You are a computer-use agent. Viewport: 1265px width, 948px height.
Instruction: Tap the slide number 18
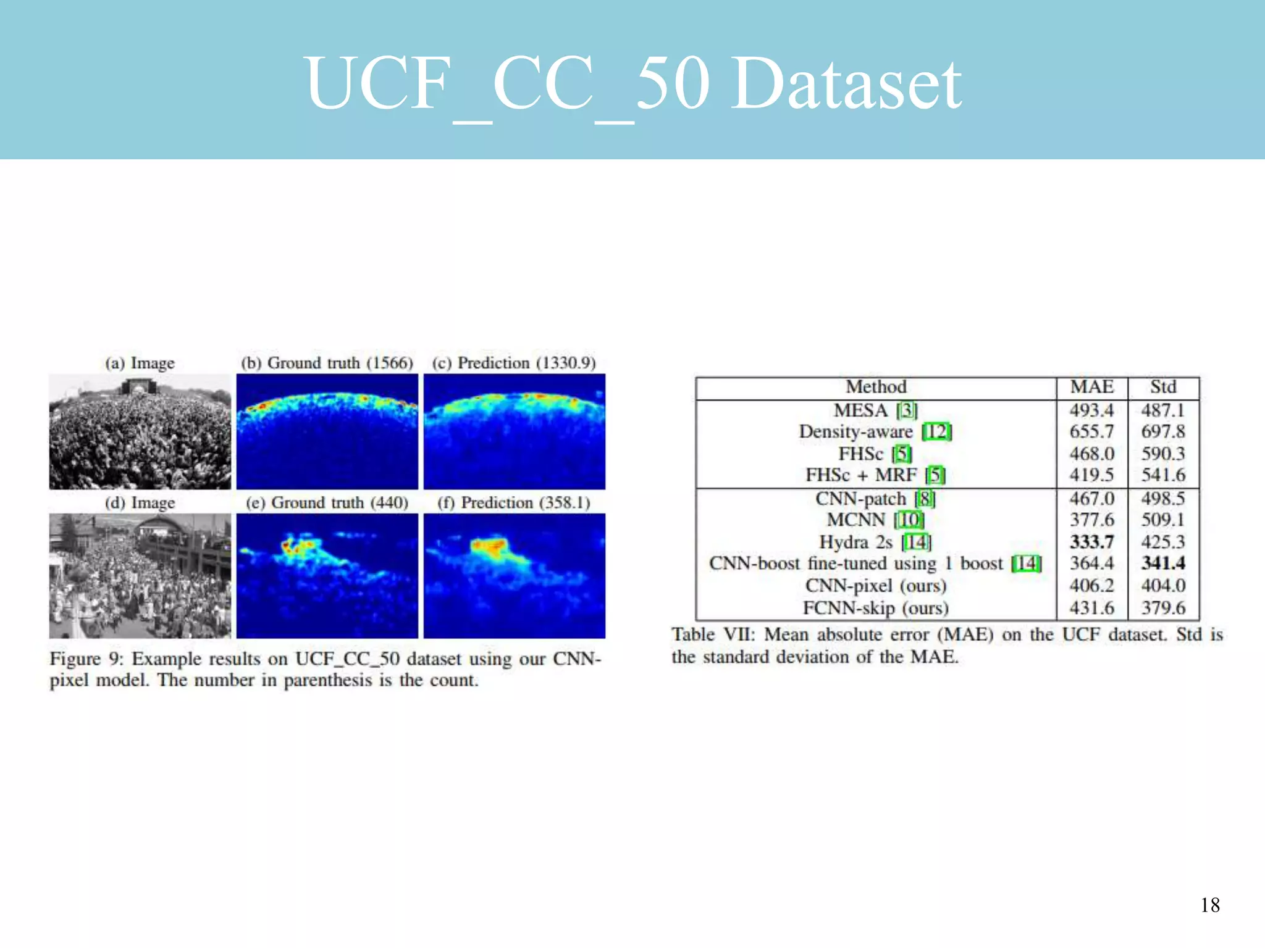point(1210,905)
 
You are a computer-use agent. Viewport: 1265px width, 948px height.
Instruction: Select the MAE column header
point(1091,387)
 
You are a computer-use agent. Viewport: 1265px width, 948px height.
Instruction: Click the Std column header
point(1162,387)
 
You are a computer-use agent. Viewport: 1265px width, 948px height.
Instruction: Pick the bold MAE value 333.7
point(1091,541)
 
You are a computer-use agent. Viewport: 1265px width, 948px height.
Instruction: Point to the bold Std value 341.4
point(1162,563)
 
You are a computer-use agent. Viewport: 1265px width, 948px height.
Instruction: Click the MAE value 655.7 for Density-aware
point(1091,431)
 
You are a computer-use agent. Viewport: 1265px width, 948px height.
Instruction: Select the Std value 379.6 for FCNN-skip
point(1162,607)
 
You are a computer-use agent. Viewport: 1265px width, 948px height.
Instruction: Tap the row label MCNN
point(856,520)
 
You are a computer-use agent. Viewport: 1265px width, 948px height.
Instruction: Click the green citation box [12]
point(936,431)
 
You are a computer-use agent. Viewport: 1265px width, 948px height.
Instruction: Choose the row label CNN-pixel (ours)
point(875,585)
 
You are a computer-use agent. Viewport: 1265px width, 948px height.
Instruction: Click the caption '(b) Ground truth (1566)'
point(327,363)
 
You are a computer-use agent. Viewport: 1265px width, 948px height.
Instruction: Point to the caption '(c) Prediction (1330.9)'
point(514,363)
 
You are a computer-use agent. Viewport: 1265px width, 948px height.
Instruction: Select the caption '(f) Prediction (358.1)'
point(514,502)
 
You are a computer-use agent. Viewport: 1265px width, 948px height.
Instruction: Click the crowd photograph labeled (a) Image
point(140,431)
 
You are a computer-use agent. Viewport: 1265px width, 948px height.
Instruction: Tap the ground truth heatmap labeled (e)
point(327,575)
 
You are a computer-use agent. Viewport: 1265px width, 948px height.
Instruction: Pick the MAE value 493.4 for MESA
point(1091,410)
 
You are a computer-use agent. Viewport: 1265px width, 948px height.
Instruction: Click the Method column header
point(875,387)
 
